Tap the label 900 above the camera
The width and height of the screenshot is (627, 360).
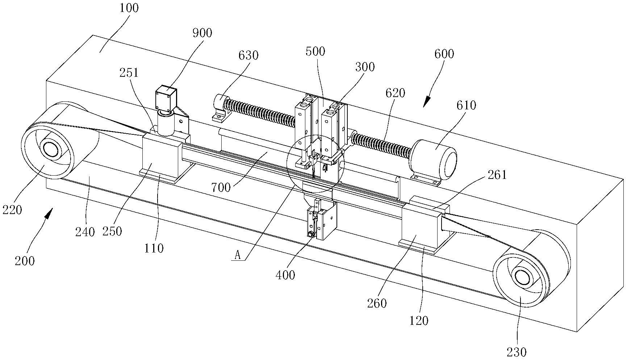[x=202, y=33]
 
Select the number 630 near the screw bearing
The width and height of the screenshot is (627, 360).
[x=248, y=55]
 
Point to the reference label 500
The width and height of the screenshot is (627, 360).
[x=315, y=51]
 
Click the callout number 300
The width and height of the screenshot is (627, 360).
[x=365, y=67]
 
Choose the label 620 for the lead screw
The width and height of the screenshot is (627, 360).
[x=395, y=93]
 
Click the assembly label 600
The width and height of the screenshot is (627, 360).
[x=444, y=54]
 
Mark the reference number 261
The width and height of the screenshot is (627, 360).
[x=497, y=175]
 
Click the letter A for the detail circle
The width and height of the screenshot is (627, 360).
[x=238, y=256]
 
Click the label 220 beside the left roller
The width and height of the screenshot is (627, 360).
[x=12, y=209]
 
